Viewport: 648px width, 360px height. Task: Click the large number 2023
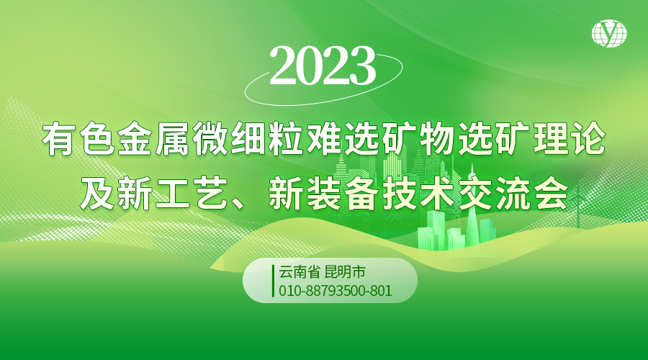point(323,66)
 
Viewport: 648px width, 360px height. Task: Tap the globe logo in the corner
point(609,33)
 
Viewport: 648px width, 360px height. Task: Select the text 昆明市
point(346,272)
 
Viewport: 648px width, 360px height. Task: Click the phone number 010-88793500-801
point(335,291)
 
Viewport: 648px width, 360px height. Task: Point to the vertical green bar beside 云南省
point(273,281)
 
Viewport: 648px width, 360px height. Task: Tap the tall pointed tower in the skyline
point(472,207)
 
